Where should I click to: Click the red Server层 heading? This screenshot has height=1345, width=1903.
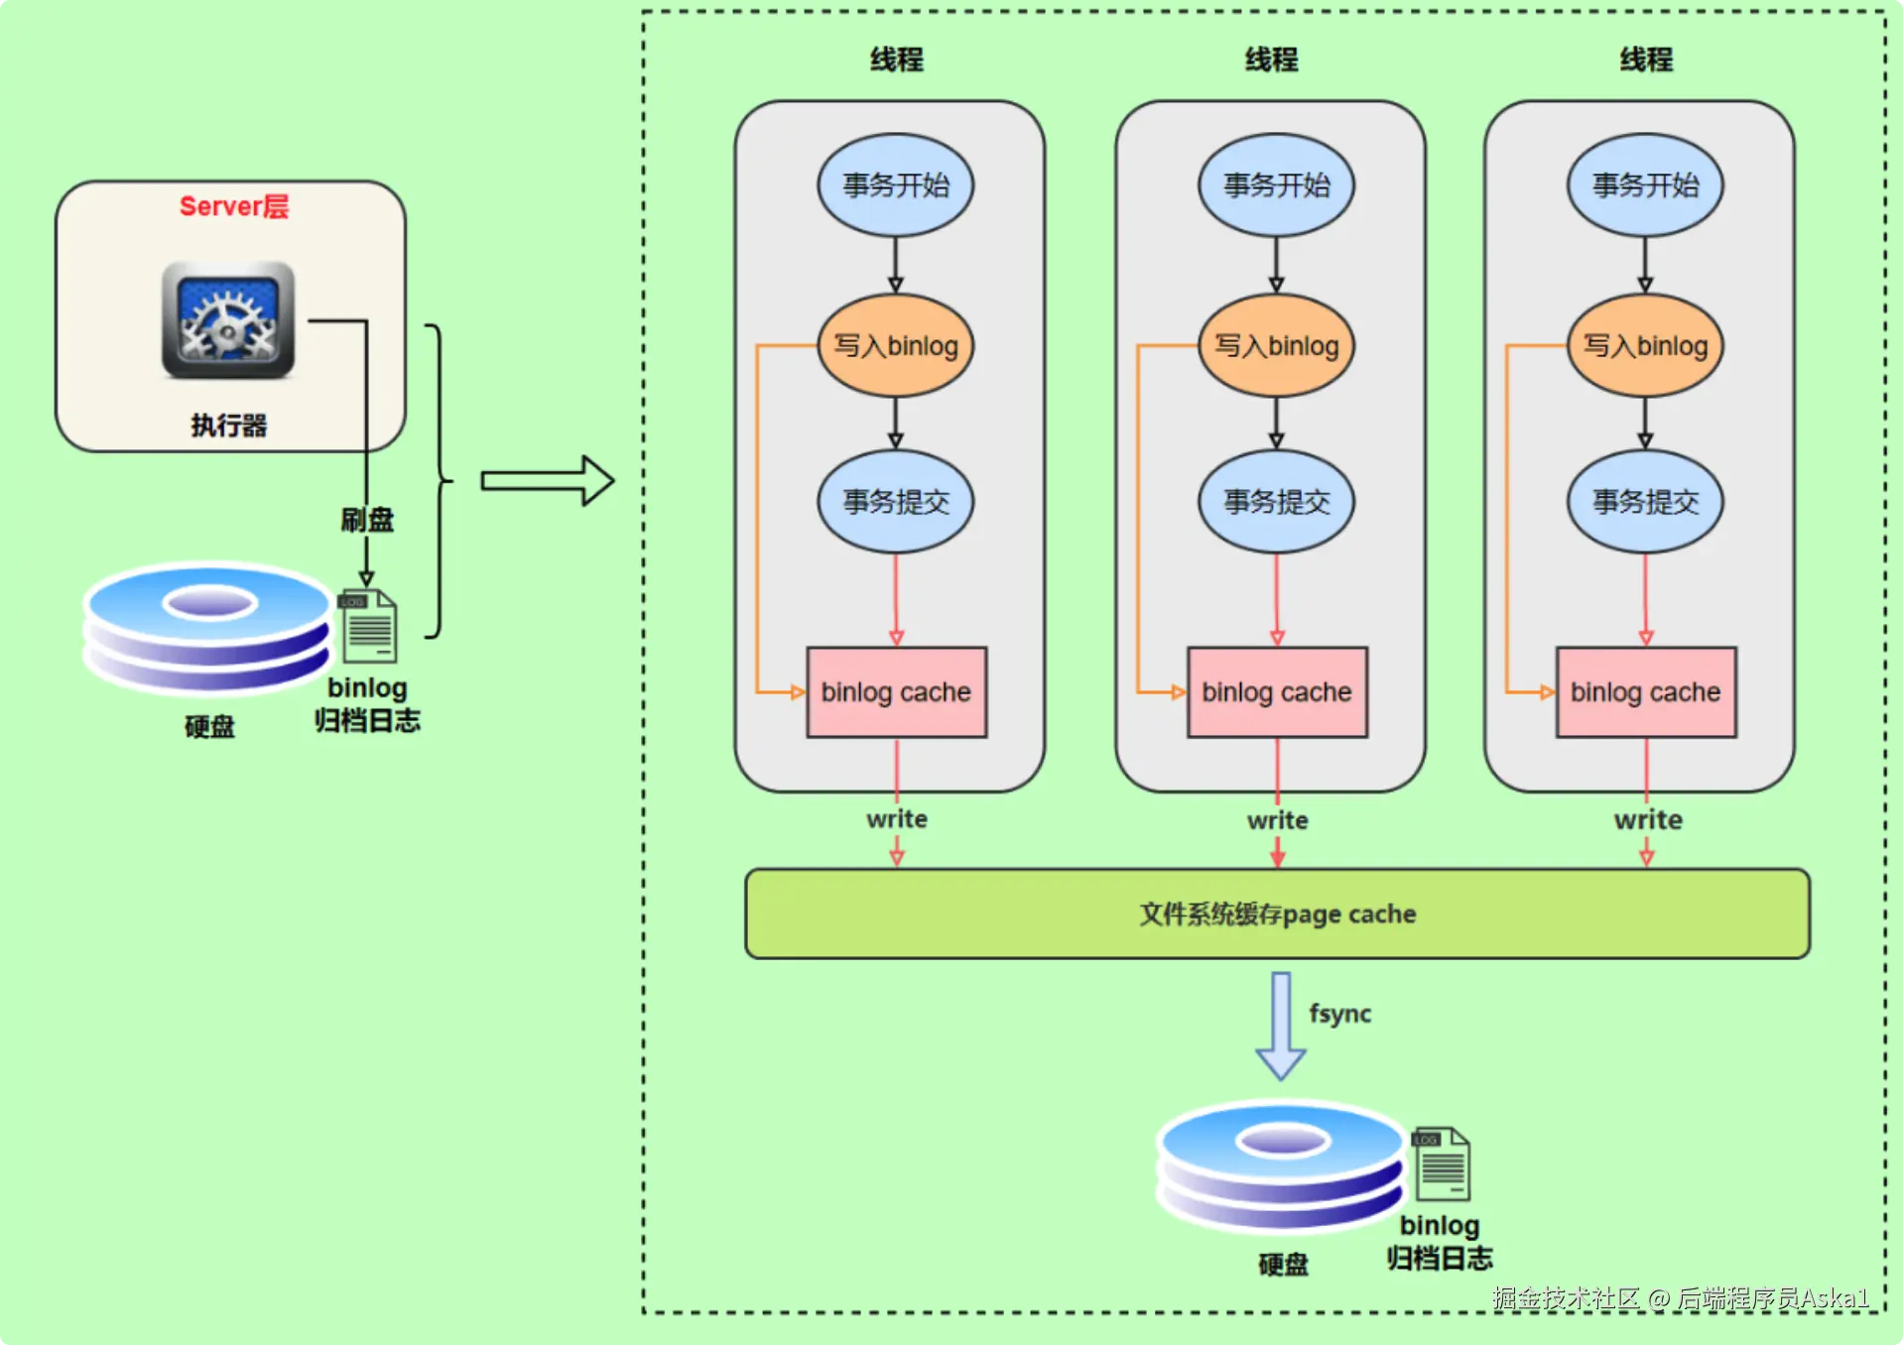point(233,206)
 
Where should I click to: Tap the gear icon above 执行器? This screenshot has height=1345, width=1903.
point(228,320)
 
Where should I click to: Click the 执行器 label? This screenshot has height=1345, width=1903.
point(228,426)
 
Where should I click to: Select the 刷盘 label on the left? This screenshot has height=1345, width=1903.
point(367,519)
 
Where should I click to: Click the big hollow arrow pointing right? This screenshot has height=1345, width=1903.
point(548,481)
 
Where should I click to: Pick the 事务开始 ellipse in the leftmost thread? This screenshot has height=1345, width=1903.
point(895,185)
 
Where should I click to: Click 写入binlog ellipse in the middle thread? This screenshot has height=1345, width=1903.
point(1276,345)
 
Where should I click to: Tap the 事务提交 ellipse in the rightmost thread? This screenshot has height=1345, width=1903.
point(1645,501)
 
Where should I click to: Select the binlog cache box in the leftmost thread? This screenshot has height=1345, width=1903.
point(896,692)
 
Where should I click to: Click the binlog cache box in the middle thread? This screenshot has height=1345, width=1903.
point(1277,692)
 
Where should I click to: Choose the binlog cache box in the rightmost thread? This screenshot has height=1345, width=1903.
point(1646,692)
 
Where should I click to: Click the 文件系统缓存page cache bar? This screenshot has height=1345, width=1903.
point(1277,914)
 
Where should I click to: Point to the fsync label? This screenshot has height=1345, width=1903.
point(1339,1014)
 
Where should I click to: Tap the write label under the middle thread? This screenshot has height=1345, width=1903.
point(1277,820)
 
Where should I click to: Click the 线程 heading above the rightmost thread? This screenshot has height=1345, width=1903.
point(1646,60)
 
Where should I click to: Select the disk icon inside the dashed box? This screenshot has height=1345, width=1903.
point(1281,1165)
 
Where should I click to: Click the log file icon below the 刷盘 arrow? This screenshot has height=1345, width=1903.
point(369,626)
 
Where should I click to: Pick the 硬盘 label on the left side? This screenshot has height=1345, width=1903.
point(209,727)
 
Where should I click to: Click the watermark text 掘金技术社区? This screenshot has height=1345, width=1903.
point(1566,1298)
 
